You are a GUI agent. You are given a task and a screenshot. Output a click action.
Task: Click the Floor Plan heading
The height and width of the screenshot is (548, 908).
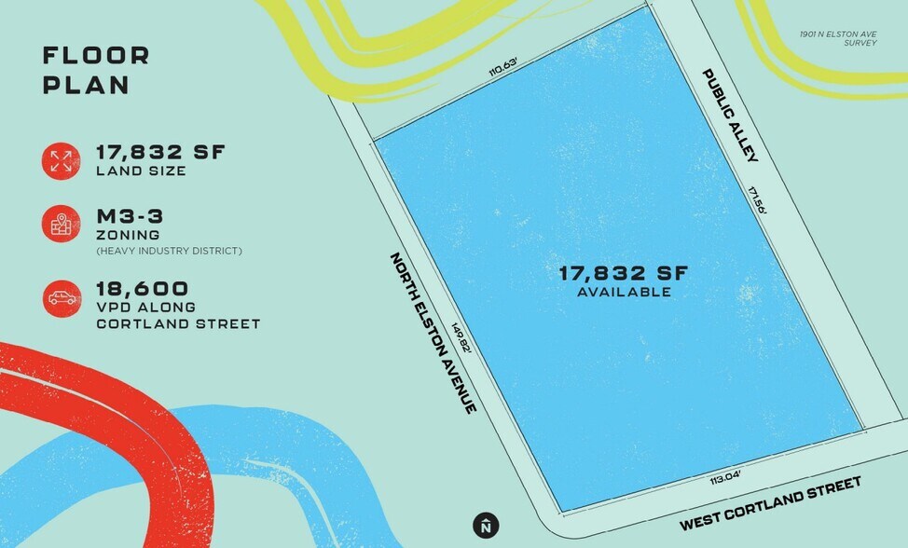(x=95, y=70)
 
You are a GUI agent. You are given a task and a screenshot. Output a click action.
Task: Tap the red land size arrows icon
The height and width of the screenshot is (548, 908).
(x=61, y=159)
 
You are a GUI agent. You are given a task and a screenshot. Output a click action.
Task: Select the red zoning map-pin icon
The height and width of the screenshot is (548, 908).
(x=61, y=225)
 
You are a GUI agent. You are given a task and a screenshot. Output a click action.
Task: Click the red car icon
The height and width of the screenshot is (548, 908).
(x=61, y=298)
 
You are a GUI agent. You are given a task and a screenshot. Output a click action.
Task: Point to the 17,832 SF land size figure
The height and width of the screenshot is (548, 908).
(x=160, y=153)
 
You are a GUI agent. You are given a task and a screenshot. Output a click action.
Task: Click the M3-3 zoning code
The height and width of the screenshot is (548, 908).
(x=130, y=216)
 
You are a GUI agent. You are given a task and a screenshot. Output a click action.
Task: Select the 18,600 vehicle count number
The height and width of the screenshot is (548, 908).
(x=143, y=288)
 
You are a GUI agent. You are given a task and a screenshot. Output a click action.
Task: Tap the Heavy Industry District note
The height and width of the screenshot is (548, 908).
(x=170, y=251)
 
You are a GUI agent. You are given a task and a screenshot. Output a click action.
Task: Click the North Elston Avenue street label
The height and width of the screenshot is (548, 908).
(x=433, y=333)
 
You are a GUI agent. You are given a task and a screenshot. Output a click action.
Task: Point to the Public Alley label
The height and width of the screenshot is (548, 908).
(x=731, y=115)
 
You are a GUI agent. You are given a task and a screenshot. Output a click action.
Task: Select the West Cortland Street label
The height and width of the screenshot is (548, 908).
(x=770, y=503)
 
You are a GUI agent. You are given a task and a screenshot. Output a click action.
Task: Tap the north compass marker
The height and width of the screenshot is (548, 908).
(x=485, y=526)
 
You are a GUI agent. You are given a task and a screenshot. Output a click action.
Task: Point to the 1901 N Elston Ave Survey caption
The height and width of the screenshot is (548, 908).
(x=837, y=38)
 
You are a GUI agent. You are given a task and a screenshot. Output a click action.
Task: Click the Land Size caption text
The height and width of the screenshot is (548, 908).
(x=141, y=171)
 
